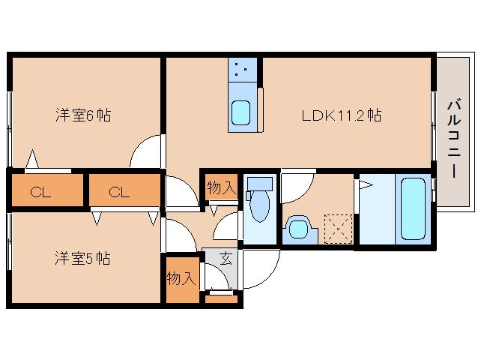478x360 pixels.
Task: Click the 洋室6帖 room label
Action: pyautogui.click(x=83, y=115)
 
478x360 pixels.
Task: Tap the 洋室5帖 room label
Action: pyautogui.click(x=83, y=259)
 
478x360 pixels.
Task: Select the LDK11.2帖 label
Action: pyautogui.click(x=342, y=115)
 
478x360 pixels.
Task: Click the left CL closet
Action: pyautogui.click(x=40, y=191)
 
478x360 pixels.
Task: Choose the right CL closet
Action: pyautogui.click(x=119, y=191)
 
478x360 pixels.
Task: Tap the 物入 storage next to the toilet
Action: pyautogui.click(x=221, y=187)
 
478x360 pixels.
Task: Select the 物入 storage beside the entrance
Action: pyautogui.click(x=182, y=279)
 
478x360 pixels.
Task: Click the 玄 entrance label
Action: pyautogui.click(x=226, y=259)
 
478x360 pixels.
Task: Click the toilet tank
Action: pyautogui.click(x=261, y=182)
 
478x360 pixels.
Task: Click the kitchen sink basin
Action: pyautogui.click(x=242, y=113)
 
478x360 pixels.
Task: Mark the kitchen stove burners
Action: pyautogui.click(x=242, y=72)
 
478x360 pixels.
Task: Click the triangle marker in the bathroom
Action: pyautogui.click(x=366, y=184)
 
